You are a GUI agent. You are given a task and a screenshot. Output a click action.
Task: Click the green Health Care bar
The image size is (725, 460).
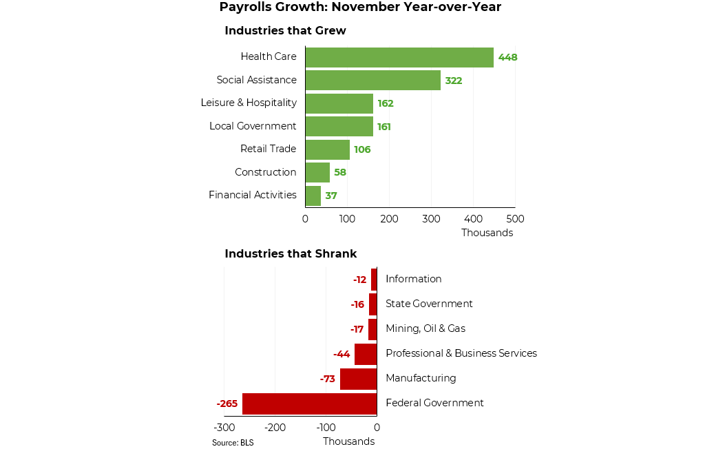tap(399, 57)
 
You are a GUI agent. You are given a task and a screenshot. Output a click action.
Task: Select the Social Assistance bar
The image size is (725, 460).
tap(372, 81)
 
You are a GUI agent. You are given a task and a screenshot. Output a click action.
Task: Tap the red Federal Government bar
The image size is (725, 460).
tap(309, 404)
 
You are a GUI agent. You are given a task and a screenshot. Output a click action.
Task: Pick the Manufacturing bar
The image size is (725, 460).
tap(358, 379)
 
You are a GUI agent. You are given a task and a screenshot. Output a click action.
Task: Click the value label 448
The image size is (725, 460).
tap(508, 57)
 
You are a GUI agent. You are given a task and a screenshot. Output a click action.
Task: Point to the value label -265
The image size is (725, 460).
tap(227, 404)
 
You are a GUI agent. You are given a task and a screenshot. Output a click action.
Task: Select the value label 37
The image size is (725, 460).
tap(331, 196)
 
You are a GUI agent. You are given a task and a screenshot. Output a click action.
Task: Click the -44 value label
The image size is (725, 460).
tap(342, 354)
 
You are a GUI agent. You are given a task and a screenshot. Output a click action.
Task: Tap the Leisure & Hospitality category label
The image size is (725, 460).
tap(249, 103)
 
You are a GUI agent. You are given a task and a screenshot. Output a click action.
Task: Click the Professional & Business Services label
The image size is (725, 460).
tap(461, 353)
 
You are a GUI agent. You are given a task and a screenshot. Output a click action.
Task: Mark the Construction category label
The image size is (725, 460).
tap(265, 172)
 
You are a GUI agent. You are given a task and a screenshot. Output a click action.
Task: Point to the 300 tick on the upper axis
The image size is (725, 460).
tap(432, 219)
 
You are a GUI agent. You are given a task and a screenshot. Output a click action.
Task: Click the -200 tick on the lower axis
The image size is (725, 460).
tap(275, 428)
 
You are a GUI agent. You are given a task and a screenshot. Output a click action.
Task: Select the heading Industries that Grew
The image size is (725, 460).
tap(285, 31)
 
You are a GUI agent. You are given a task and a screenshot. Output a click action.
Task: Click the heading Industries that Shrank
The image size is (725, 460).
tap(291, 254)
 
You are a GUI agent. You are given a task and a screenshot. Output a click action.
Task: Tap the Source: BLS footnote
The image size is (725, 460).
tap(233, 443)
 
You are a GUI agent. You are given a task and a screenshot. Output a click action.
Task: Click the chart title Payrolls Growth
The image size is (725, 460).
tap(360, 8)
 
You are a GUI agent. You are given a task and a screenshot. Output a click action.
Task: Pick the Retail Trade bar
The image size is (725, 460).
tap(327, 149)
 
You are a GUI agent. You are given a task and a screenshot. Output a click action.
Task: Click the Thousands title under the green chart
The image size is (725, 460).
tap(487, 233)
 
